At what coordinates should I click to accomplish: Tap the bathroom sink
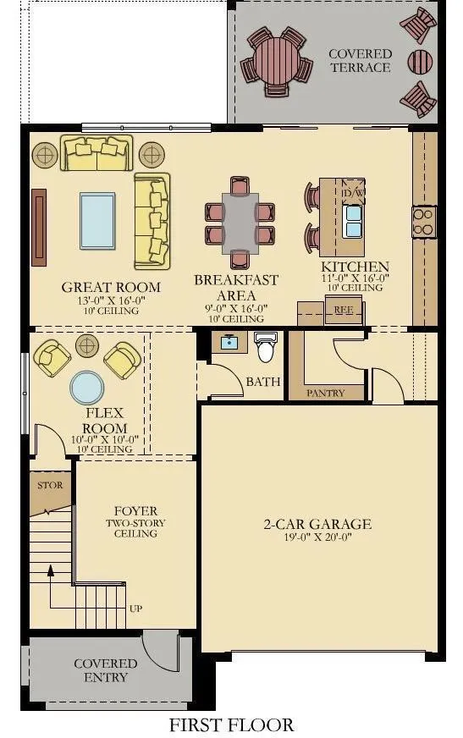(229, 341)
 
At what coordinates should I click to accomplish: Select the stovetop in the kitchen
(423, 222)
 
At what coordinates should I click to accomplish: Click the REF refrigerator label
(343, 310)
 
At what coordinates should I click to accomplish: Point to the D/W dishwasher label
(353, 193)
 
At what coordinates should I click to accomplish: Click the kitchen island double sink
(353, 220)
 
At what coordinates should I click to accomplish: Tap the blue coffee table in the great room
(97, 220)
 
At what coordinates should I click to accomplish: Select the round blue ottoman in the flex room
(87, 388)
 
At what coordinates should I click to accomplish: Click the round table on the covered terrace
(276, 61)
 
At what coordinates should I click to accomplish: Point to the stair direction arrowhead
(50, 571)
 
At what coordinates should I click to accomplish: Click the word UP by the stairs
(136, 609)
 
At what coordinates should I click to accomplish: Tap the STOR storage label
(50, 485)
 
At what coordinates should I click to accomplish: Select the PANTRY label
(326, 393)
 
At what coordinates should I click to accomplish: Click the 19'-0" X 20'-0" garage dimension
(317, 537)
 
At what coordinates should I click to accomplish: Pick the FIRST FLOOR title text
(232, 724)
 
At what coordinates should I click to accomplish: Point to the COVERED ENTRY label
(106, 670)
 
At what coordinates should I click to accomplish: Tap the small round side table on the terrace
(420, 62)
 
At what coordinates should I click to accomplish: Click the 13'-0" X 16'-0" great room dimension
(112, 300)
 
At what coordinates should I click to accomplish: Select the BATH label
(263, 381)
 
